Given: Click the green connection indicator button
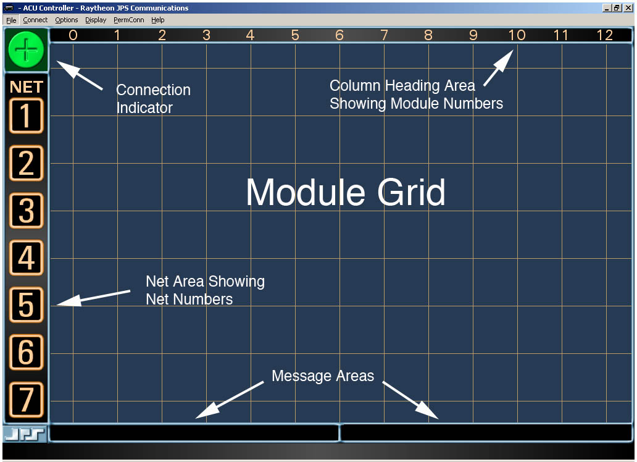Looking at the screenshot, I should pos(26,49).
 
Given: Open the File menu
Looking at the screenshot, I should pos(11,20).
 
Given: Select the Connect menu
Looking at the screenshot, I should pos(35,20).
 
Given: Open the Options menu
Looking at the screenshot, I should pos(67,20).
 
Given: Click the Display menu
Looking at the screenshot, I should pos(96,20).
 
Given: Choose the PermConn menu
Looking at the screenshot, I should pos(128,20).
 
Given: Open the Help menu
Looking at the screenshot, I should pos(158,20).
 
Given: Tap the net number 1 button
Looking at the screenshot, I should pos(26,115).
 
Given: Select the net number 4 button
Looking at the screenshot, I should pos(26,258).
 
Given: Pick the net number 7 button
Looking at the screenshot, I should pos(26,400).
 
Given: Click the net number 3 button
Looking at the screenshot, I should pos(26,211).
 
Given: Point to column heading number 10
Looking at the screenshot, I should pos(517,35).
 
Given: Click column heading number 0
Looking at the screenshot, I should pos(73,35).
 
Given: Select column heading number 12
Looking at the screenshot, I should pos(605,35).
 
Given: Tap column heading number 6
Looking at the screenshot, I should pos(339,35).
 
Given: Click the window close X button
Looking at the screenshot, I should pos(628,8).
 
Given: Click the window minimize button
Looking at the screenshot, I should pos(607,8).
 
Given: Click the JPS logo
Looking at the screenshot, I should pos(25,434).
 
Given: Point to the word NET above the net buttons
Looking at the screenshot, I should pos(26,87).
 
